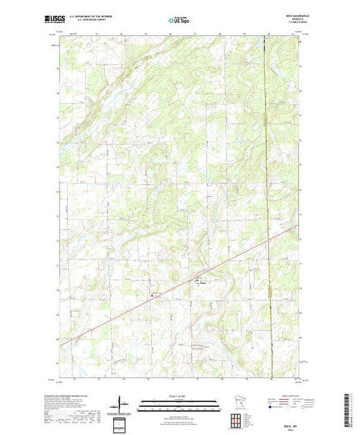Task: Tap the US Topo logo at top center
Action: coord(179,20)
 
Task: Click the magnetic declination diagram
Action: coord(122,401)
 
